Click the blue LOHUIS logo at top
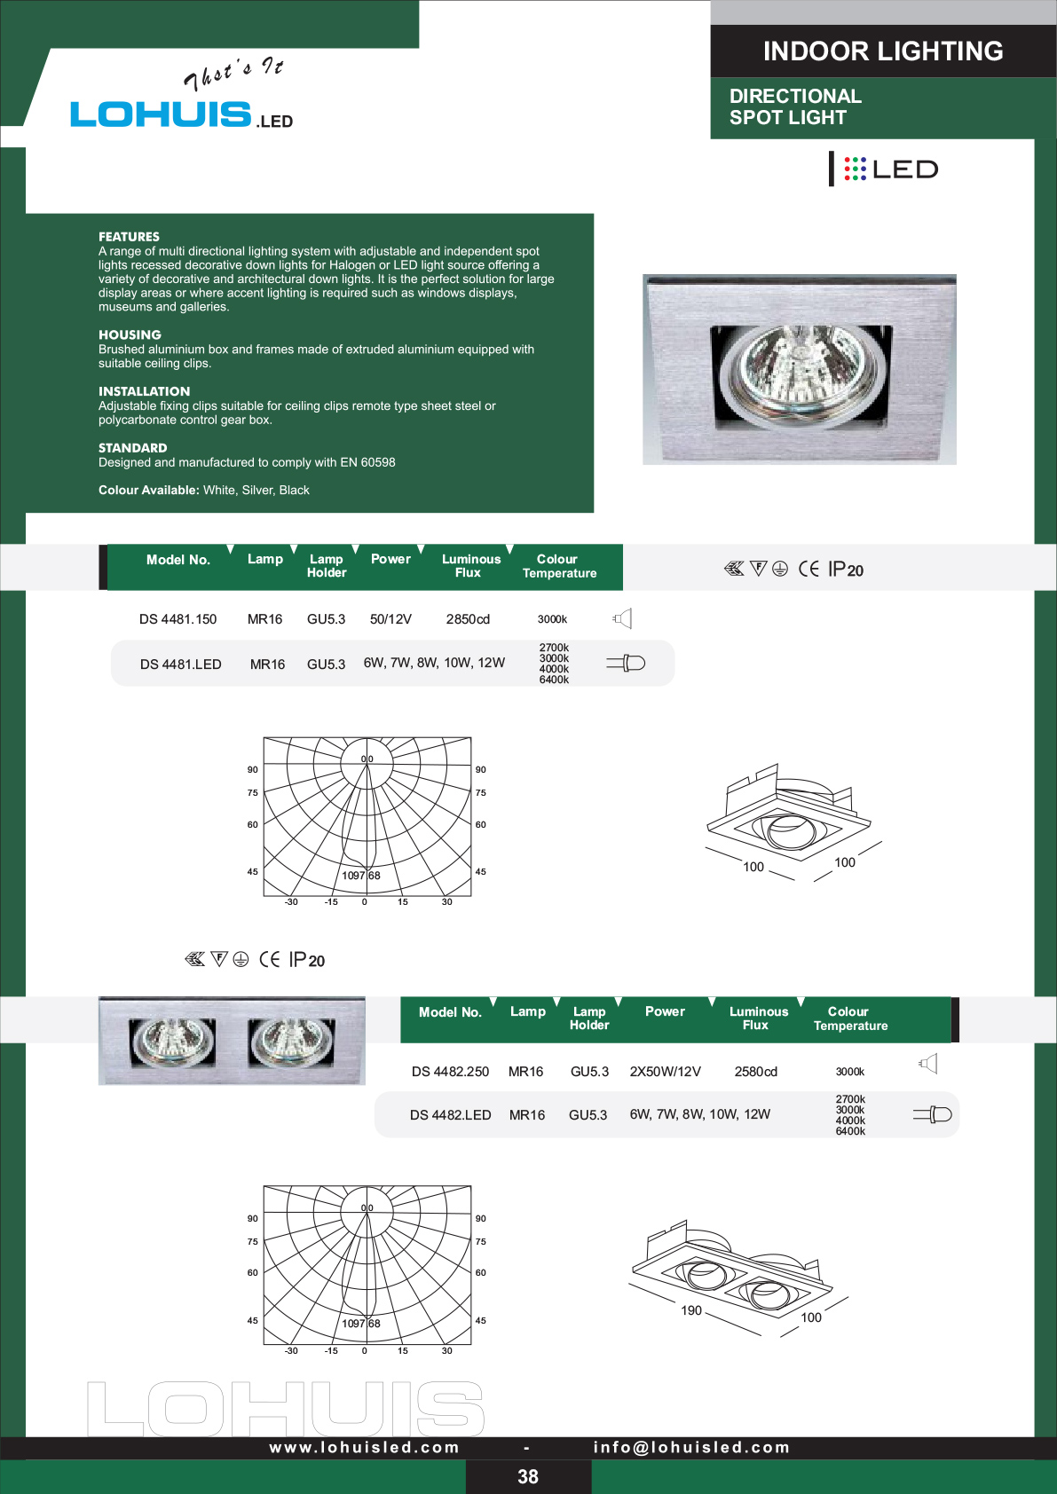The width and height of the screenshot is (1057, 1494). pyautogui.click(x=161, y=114)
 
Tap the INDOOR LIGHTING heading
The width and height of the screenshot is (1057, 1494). pyautogui.click(x=883, y=51)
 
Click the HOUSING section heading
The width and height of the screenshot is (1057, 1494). pyautogui.click(x=130, y=334)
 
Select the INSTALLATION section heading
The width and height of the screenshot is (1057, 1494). pyautogui.click(x=144, y=391)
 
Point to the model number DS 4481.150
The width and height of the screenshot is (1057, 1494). pyautogui.click(x=178, y=619)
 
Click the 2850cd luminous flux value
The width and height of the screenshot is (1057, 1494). pyautogui.click(x=468, y=619)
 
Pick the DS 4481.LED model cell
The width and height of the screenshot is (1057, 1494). pyautogui.click(x=181, y=664)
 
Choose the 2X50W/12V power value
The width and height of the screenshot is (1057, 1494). pyautogui.click(x=666, y=1071)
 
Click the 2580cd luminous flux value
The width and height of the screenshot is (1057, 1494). pyautogui.click(x=755, y=1071)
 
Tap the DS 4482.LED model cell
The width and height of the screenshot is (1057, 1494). pyautogui.click(x=451, y=1115)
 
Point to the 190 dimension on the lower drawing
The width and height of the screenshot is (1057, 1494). pyautogui.click(x=691, y=1310)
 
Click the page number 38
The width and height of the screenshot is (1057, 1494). pyautogui.click(x=528, y=1476)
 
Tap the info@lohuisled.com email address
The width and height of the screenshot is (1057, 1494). pyautogui.click(x=691, y=1447)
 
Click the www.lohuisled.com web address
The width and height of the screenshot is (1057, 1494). pyautogui.click(x=365, y=1447)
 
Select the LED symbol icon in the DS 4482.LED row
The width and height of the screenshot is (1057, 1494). pyautogui.click(x=932, y=1113)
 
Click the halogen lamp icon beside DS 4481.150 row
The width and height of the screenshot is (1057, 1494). pyautogui.click(x=622, y=618)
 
